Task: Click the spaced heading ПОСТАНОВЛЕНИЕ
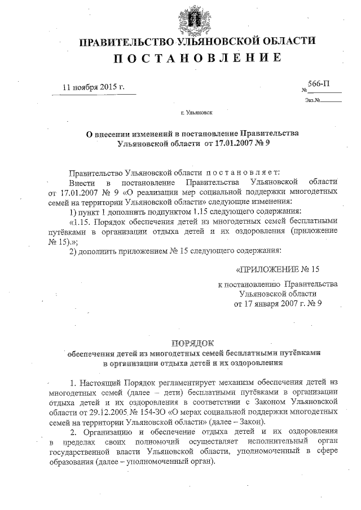pyautogui.click(x=197, y=59)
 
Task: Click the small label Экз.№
pyautogui.click(x=312, y=100)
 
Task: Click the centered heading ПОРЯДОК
pyautogui.click(x=193, y=343)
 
